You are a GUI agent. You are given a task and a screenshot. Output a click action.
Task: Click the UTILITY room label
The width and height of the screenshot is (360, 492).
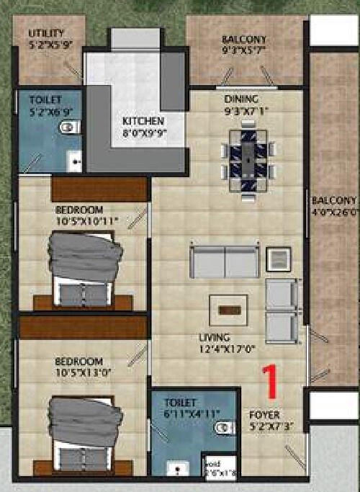click(x=47, y=33)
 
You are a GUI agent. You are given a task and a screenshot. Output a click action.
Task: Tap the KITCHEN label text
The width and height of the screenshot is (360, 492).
click(x=143, y=120)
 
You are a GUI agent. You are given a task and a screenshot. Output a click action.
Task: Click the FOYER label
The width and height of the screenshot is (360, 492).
click(x=264, y=415)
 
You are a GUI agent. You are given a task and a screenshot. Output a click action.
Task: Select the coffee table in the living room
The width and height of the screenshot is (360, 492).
click(x=229, y=310)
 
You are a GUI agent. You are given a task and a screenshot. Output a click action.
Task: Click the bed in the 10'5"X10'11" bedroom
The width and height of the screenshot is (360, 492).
click(x=84, y=267)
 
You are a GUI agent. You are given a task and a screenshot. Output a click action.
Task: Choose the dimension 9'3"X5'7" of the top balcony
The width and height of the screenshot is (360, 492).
click(x=244, y=50)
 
